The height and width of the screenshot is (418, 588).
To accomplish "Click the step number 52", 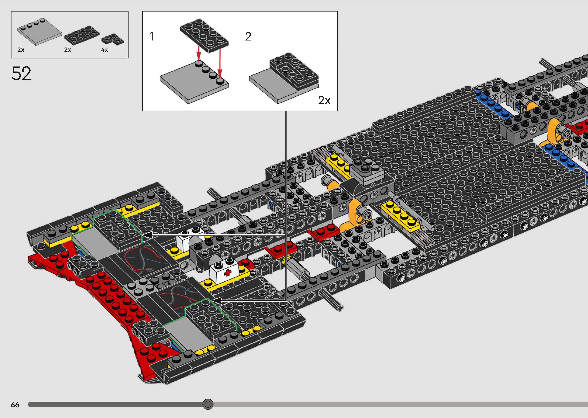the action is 21,73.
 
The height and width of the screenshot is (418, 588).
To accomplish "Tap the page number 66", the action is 15,405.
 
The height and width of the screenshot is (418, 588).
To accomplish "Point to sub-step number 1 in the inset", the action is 152,36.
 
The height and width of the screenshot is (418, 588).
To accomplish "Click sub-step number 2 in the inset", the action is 248,36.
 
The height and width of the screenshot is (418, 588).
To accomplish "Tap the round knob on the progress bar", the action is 208,404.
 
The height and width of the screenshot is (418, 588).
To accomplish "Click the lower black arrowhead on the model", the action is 216,300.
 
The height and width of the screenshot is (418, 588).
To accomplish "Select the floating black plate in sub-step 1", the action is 204,36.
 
